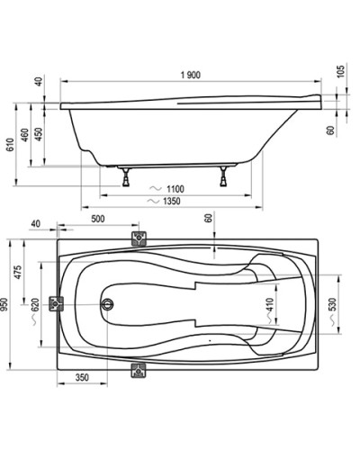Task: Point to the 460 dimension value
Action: [26, 135]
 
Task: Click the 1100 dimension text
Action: [176, 187]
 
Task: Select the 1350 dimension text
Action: [176, 202]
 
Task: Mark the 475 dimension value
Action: [19, 272]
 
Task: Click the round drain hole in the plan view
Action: [110, 304]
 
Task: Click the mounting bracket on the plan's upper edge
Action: [139, 239]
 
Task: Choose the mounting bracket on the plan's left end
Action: [59, 304]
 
